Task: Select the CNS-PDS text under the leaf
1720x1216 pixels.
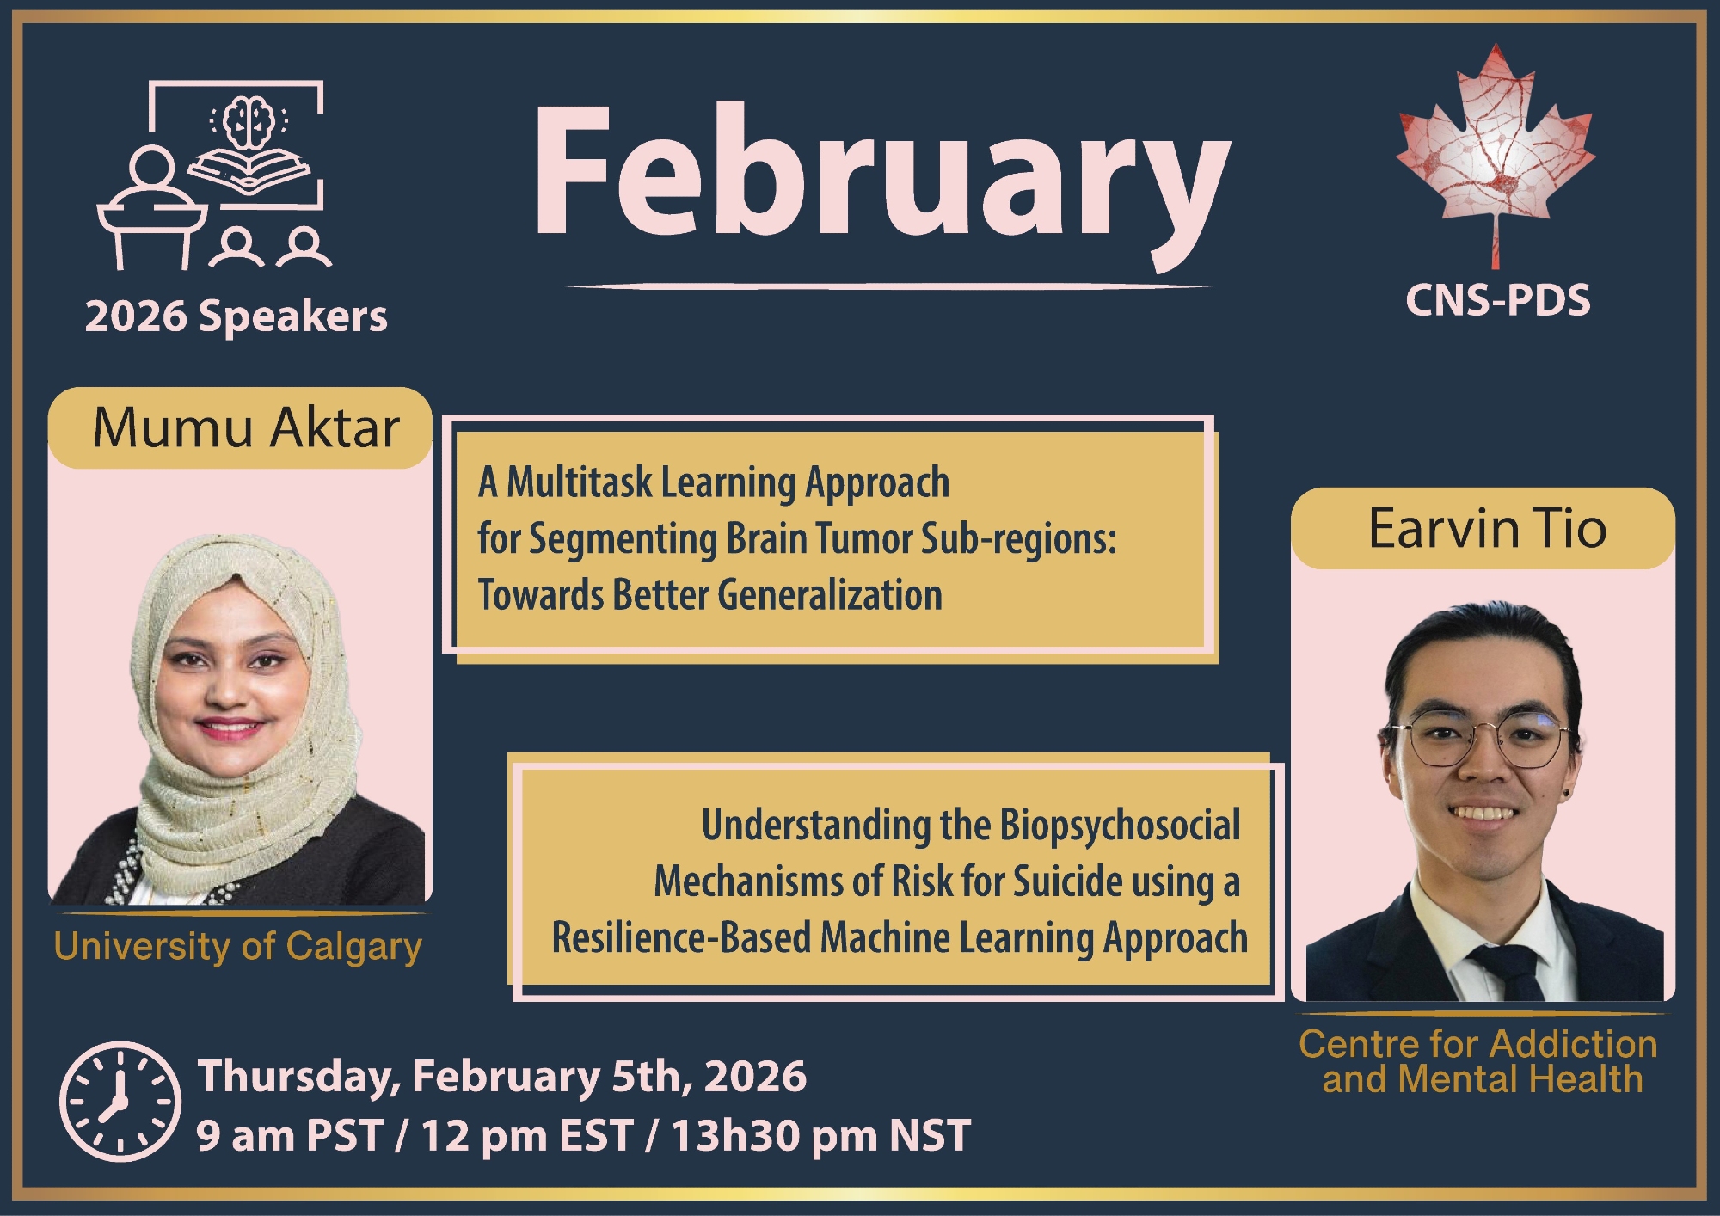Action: (1497, 300)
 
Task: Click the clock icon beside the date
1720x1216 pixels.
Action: (120, 1101)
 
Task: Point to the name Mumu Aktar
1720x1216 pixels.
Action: (246, 427)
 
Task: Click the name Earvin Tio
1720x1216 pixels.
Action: (1487, 528)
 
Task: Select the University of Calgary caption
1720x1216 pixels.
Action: (237, 947)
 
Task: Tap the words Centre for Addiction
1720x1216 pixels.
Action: (1477, 1044)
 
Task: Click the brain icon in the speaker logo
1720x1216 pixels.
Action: (249, 122)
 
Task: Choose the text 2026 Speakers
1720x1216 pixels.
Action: (236, 316)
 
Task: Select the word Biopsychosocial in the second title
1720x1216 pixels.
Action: (1120, 825)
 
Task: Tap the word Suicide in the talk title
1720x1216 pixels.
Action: (1067, 881)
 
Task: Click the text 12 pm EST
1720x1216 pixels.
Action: (527, 1135)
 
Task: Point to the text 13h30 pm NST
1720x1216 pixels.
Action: (820, 1135)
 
